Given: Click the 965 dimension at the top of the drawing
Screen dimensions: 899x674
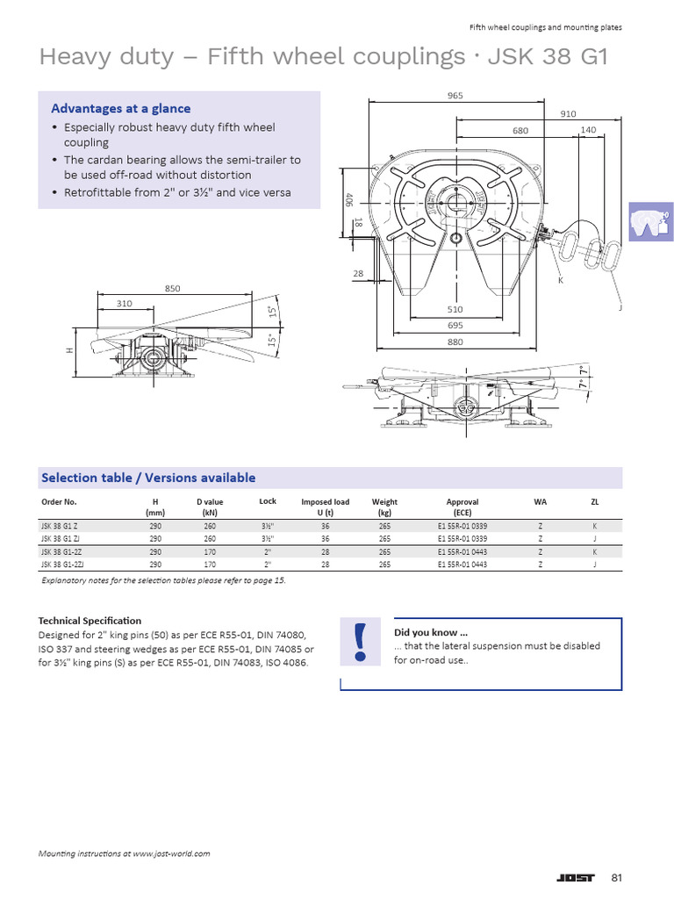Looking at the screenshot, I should (454, 95).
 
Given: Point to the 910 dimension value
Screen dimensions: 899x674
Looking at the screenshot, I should (568, 113).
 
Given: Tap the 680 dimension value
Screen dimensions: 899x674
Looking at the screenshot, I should (521, 130).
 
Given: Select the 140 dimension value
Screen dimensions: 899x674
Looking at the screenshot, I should (588, 130).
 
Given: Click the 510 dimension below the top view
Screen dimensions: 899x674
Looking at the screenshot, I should (454, 309).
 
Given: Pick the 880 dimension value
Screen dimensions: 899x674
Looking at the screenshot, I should (454, 342).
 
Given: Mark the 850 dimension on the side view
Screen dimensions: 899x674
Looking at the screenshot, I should (172, 288).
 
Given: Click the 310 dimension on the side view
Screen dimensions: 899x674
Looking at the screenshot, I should (124, 304).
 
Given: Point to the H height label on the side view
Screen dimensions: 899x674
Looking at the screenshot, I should (69, 349).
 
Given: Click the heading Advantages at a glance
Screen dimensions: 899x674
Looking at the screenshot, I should (120, 108).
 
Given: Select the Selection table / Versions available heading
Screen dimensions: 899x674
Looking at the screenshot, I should (148, 478).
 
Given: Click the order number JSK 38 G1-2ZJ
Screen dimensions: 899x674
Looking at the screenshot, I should (61, 565).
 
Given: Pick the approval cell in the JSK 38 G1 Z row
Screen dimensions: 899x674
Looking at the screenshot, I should (462, 525).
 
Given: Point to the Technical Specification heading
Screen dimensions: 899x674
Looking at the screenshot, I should (90, 621).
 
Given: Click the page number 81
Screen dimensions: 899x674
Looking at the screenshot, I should (616, 878).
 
